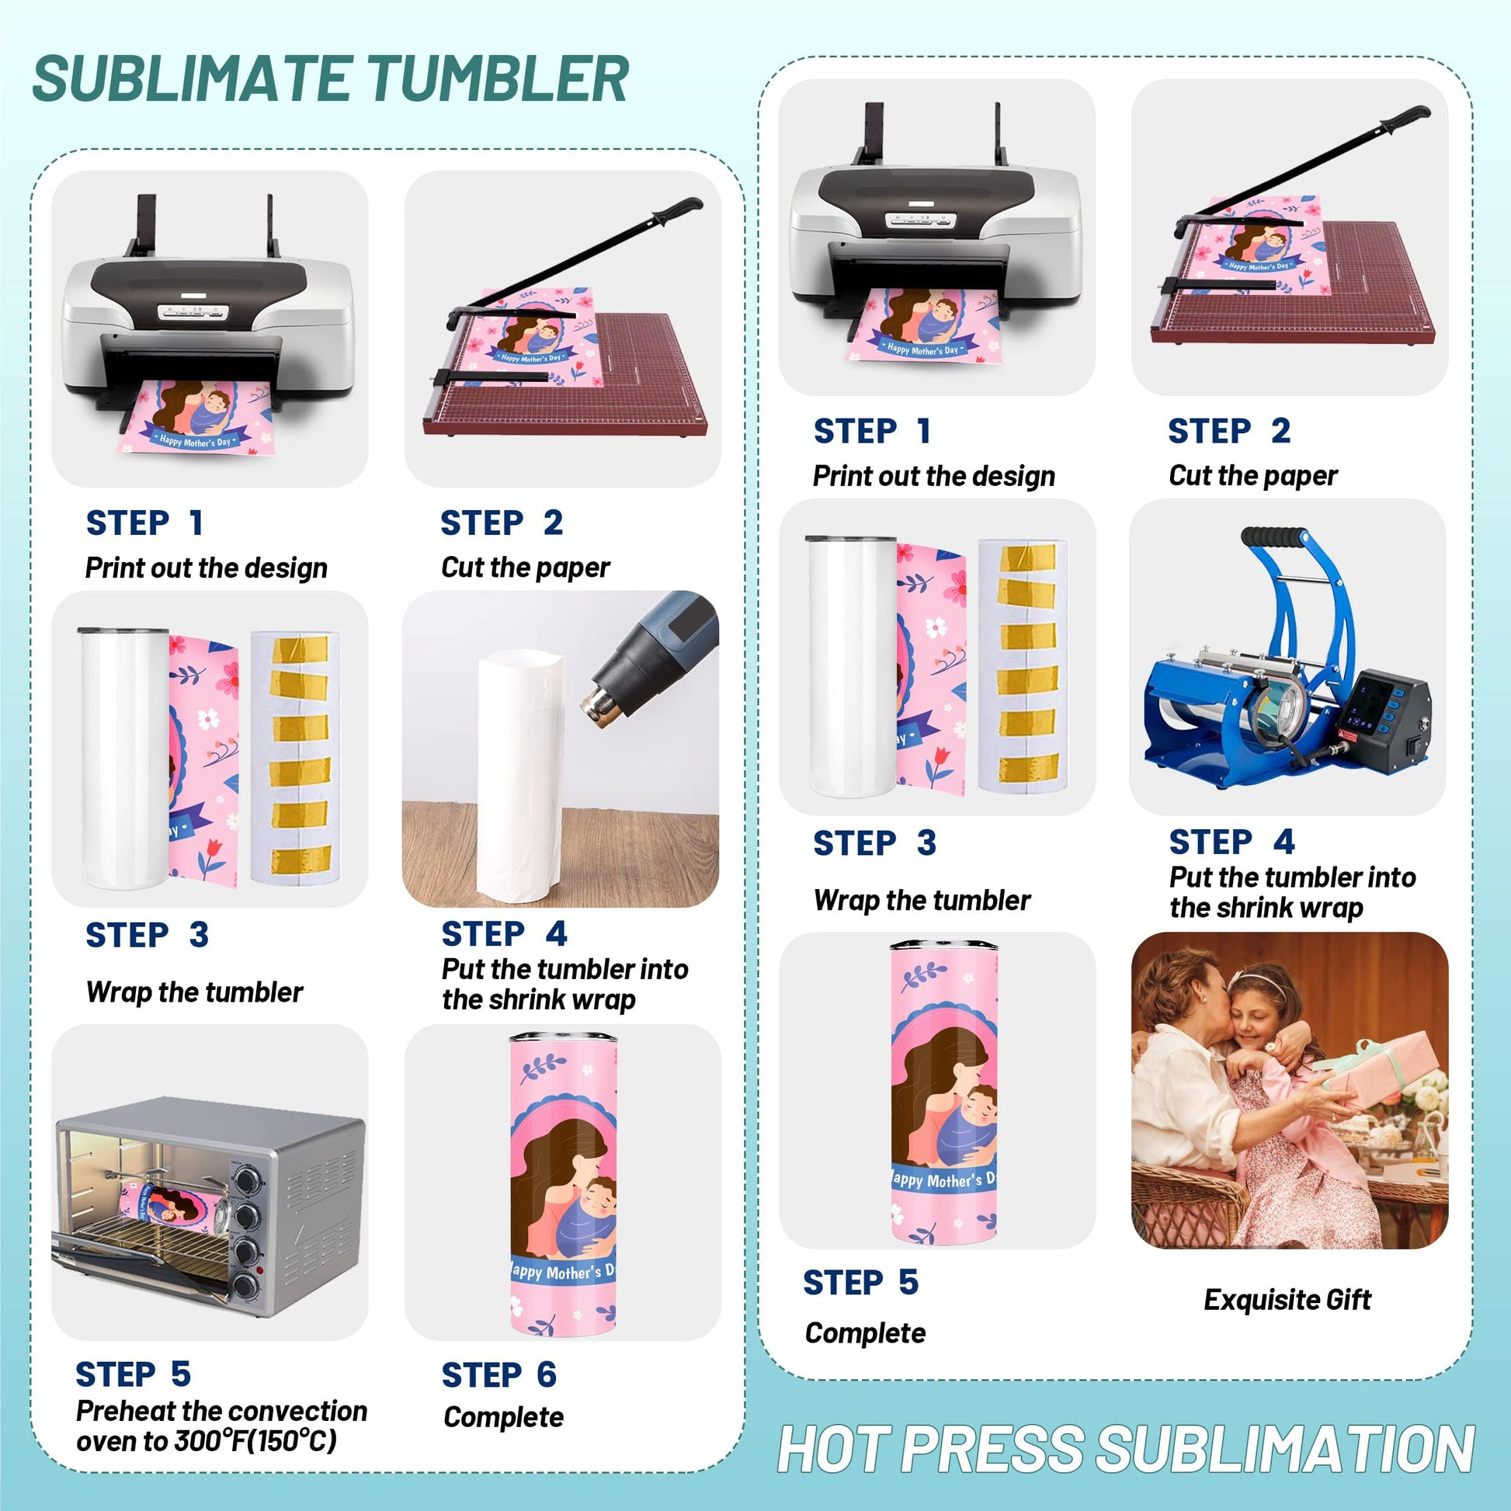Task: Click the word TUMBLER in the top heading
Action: point(498,79)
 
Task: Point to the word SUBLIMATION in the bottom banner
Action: point(1287,1449)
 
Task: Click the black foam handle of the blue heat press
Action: point(1274,538)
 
